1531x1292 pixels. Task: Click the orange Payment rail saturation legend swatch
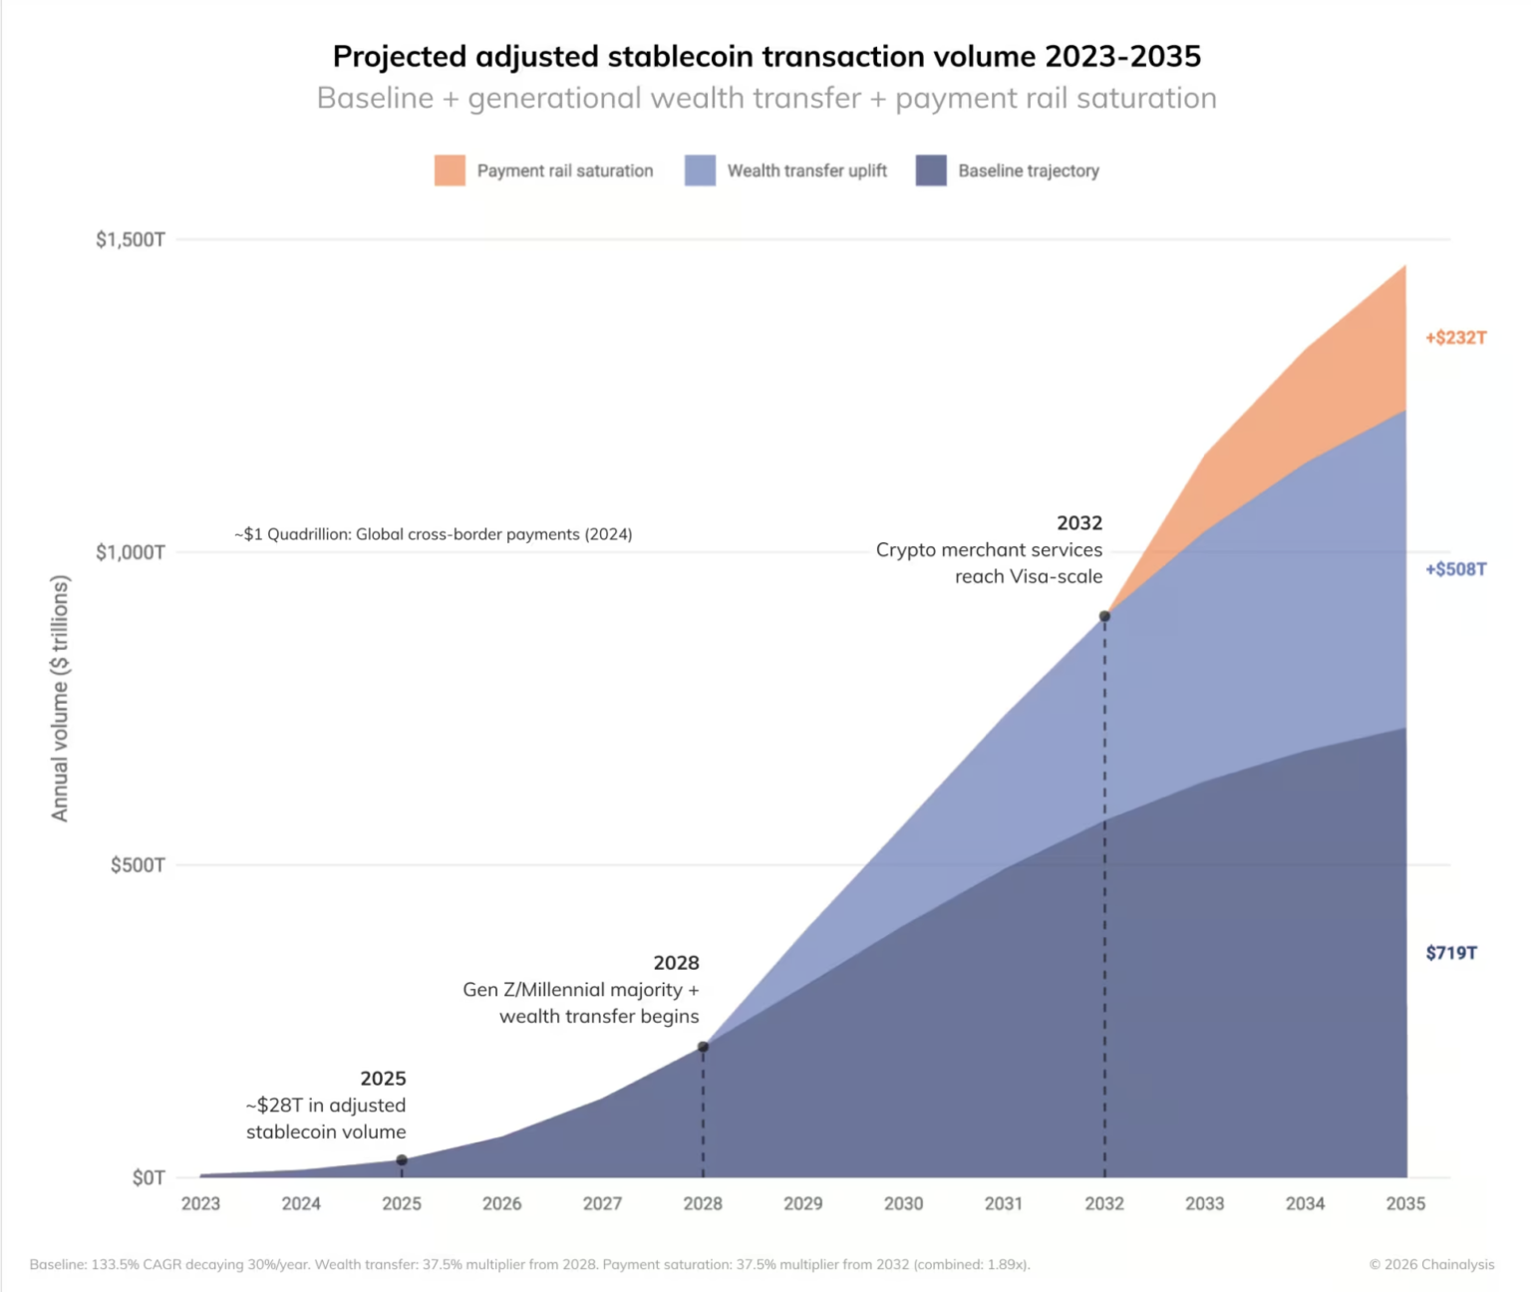point(450,170)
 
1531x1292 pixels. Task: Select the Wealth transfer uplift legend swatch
point(700,170)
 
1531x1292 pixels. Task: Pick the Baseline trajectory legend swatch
point(931,170)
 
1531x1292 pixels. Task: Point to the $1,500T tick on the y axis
point(131,239)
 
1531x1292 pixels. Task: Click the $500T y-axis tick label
point(138,864)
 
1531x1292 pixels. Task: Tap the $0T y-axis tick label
point(149,1177)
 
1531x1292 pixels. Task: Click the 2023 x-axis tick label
point(200,1203)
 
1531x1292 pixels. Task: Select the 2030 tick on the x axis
point(903,1203)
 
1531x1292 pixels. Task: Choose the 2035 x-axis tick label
point(1405,1203)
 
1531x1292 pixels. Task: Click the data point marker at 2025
point(402,1160)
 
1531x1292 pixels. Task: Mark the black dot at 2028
point(703,1047)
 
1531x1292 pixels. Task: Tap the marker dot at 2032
point(1104,616)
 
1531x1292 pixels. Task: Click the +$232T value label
point(1455,338)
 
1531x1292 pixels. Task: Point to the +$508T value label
point(1455,569)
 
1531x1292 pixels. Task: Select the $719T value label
point(1451,953)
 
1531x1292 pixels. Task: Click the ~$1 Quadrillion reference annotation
point(433,534)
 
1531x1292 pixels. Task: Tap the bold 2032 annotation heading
point(1079,523)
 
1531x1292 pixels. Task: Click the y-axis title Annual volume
point(60,698)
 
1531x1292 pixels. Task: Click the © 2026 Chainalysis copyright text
point(1431,1264)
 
